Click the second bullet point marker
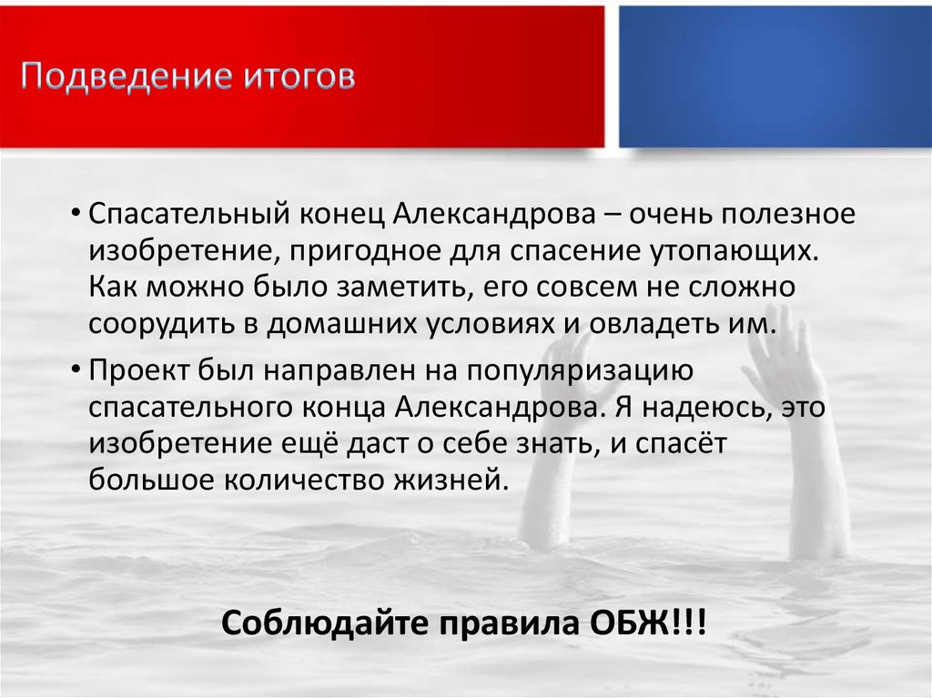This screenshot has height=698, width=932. [79, 371]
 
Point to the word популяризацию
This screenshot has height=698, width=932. [581, 370]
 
